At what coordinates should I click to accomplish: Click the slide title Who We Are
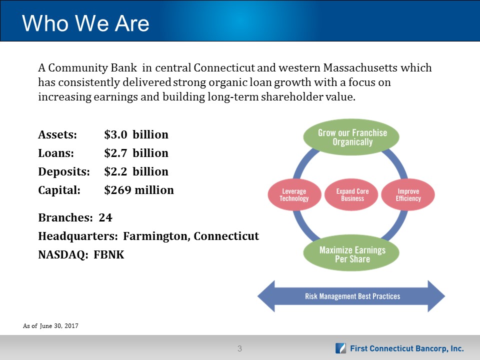coord(85,23)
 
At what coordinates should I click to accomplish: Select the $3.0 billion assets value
coord(136,134)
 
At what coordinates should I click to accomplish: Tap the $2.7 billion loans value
coord(136,153)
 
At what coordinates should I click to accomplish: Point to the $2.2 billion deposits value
coord(136,171)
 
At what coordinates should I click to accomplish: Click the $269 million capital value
coord(139,190)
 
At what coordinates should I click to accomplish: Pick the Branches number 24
coord(105,217)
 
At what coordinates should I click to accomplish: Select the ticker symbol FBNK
coord(109,254)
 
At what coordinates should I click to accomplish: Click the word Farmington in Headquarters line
coord(156,236)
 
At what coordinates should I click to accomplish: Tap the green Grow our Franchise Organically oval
coord(351,137)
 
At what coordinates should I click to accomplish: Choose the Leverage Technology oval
coord(294,194)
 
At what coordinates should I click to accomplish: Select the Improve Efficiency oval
coord(408,194)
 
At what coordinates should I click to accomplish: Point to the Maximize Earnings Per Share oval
coord(351,253)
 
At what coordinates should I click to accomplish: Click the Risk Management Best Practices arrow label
coord(352,296)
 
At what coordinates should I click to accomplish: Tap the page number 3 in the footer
coord(239,348)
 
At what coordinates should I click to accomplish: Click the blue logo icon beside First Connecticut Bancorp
coord(340,348)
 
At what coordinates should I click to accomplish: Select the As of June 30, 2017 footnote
coord(50,326)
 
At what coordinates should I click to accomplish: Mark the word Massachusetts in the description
coord(360,67)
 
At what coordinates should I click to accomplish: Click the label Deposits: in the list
coord(64,171)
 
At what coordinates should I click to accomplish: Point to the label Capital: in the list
coord(59,190)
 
